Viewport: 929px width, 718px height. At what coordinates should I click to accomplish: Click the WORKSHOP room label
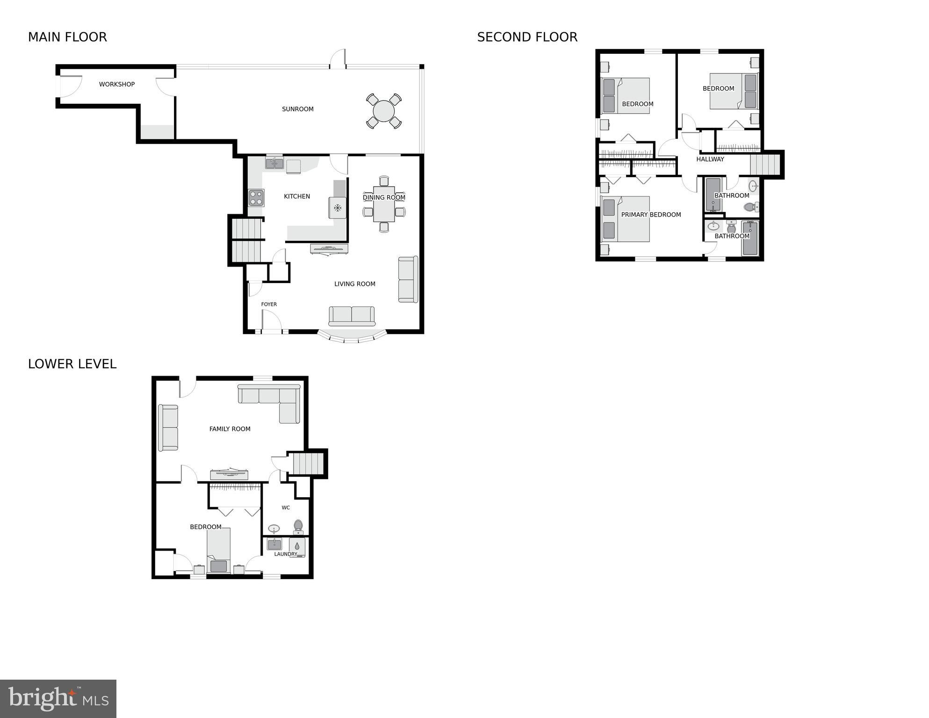(x=116, y=84)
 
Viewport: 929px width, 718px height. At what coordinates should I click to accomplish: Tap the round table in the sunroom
(x=384, y=111)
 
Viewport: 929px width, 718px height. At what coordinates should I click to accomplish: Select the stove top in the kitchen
(x=256, y=198)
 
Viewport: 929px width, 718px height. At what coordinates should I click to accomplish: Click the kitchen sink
(x=274, y=163)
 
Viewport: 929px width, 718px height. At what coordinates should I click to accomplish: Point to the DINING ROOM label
(x=384, y=197)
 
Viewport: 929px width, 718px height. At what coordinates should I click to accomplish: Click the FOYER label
(x=269, y=304)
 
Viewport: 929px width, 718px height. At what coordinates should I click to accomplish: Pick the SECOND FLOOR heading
(x=527, y=37)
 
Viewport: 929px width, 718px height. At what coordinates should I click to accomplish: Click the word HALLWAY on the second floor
(x=710, y=159)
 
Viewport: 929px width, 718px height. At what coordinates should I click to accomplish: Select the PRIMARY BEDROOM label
(x=651, y=215)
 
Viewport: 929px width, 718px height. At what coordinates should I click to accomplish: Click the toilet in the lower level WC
(x=298, y=527)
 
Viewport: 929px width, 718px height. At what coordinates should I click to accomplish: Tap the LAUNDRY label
(x=285, y=554)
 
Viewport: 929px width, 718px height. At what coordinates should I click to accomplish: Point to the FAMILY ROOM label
(x=230, y=428)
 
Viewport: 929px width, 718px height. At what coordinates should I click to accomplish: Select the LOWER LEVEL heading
(x=72, y=364)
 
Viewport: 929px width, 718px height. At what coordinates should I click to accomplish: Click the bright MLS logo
(x=58, y=698)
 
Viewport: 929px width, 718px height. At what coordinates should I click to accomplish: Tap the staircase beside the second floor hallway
(x=765, y=165)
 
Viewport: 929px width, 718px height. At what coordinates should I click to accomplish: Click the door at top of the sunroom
(x=338, y=59)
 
